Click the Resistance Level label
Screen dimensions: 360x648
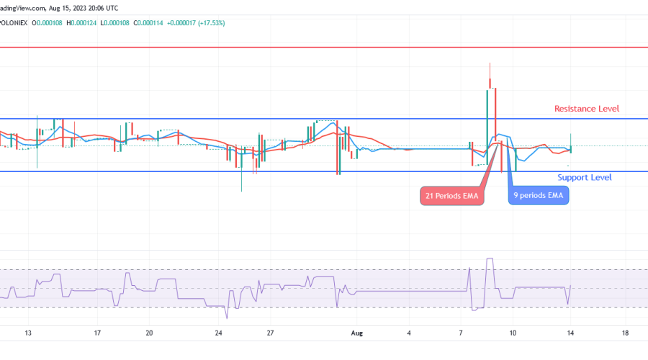click(x=587, y=109)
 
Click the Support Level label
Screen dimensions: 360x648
click(x=585, y=177)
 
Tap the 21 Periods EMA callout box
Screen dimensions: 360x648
click(x=451, y=196)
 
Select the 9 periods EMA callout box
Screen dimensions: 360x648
click(x=539, y=196)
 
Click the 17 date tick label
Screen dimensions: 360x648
click(x=97, y=333)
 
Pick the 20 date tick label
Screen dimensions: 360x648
click(x=149, y=333)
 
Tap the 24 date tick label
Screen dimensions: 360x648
click(x=218, y=333)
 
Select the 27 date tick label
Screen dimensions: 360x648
click(x=270, y=333)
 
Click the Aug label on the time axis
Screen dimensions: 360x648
click(x=356, y=333)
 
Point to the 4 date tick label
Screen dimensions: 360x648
click(x=409, y=333)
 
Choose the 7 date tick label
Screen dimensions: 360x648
click(x=461, y=333)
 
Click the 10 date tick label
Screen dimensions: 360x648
click(x=513, y=333)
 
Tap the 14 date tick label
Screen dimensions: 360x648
click(x=572, y=333)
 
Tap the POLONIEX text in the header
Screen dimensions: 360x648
click(x=13, y=22)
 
